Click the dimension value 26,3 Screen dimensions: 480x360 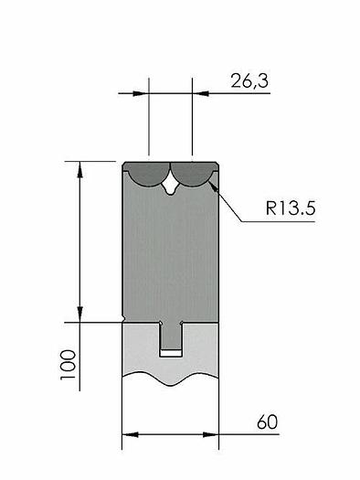point(249,81)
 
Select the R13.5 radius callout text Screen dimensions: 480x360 point(291,208)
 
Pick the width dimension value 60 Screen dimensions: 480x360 point(267,422)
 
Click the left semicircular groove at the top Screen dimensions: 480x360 point(146,174)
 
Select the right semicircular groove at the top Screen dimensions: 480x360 point(192,174)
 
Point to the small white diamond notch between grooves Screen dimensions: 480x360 point(170,188)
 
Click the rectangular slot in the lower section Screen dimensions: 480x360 point(170,340)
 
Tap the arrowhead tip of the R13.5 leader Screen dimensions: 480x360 point(212,185)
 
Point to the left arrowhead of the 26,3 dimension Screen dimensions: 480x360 point(143,92)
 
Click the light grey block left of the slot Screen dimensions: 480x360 point(140,347)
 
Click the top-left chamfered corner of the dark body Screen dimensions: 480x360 point(125,165)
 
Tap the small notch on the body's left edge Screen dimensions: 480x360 point(123,319)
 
